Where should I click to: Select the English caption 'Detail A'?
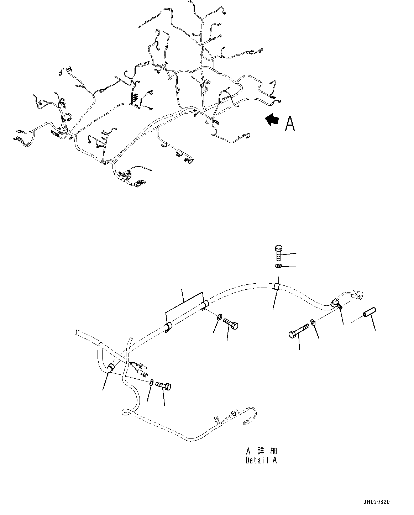[261, 460]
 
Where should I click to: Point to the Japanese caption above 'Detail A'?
[261, 451]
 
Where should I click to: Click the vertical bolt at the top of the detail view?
[279, 253]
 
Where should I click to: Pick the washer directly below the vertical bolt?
[278, 266]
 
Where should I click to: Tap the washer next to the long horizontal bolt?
[313, 323]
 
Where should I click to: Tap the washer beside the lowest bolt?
[152, 383]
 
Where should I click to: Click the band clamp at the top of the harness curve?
[277, 287]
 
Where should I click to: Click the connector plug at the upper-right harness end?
[356, 294]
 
